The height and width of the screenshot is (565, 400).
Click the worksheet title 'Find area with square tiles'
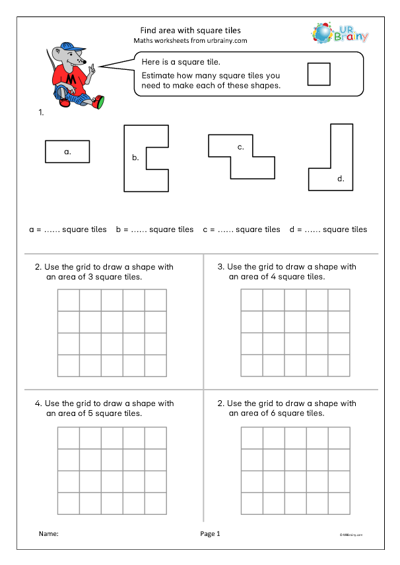click(x=191, y=30)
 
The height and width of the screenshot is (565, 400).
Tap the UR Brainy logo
click(x=339, y=34)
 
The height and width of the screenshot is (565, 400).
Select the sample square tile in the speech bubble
click(x=319, y=73)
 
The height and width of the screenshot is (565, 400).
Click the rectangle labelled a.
click(x=67, y=152)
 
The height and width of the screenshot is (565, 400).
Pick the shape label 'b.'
click(x=135, y=158)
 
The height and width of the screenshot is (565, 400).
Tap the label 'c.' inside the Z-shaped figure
click(x=242, y=147)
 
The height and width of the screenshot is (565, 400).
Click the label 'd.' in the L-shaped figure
click(x=341, y=178)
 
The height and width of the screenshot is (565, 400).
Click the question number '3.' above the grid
click(x=221, y=267)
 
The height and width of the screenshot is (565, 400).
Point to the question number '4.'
click(x=38, y=403)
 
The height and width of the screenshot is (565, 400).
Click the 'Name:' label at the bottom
click(x=49, y=534)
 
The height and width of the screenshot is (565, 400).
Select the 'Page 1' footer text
click(x=210, y=534)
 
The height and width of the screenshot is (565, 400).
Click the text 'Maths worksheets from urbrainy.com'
click(x=191, y=41)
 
